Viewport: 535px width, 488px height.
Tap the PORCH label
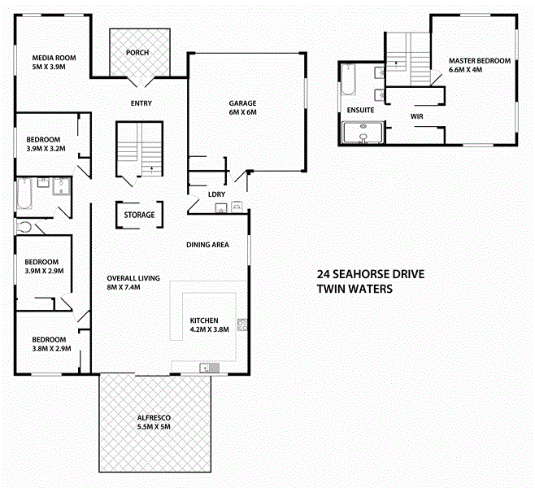point(137,53)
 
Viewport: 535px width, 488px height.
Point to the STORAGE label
point(139,216)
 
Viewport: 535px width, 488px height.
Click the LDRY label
point(216,194)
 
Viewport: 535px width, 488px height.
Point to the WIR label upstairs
point(419,116)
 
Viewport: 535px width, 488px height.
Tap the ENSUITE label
point(359,109)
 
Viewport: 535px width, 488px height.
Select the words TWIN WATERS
point(354,289)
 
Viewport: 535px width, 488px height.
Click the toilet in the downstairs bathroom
point(24,228)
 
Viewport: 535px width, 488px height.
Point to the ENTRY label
point(142,103)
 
